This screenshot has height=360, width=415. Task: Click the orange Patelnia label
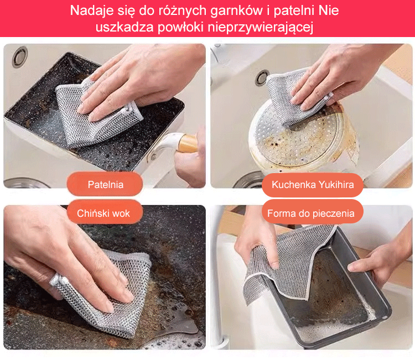point(105,184)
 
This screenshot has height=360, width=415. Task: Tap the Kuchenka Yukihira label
point(313,185)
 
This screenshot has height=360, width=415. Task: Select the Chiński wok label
point(105,213)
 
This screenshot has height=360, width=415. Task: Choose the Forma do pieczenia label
point(312,213)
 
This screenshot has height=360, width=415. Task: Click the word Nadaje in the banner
point(91,11)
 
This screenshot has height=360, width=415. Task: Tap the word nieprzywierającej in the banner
point(261,27)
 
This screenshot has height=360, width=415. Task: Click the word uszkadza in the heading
point(124,27)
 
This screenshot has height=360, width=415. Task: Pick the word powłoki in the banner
point(181,28)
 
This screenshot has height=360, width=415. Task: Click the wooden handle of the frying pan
point(188,143)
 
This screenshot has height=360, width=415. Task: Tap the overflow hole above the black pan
point(19,56)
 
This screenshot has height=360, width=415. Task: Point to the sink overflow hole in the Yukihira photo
point(262,77)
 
